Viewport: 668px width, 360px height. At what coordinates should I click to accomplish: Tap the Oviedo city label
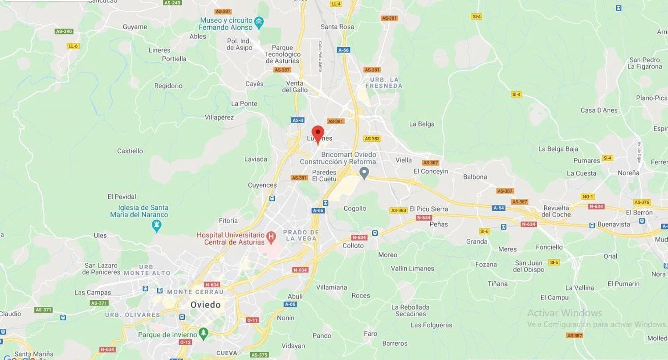205,305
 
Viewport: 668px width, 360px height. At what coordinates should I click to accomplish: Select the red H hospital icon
270,235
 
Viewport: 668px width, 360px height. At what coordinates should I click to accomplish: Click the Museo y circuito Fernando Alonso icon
259,21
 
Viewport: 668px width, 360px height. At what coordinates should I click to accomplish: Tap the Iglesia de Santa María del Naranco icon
156,225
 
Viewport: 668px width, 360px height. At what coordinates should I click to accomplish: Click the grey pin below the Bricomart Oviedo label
364,172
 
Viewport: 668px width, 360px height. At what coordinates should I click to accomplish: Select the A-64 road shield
498,208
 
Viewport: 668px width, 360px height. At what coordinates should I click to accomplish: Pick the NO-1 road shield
588,196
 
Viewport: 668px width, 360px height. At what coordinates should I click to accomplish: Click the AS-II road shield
298,120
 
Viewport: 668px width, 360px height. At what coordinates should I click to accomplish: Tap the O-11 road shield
252,320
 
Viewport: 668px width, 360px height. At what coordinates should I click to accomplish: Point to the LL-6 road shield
73,46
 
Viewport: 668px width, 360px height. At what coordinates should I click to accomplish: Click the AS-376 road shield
642,202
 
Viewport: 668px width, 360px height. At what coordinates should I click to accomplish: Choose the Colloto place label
353,245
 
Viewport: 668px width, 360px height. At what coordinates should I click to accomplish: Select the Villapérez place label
219,117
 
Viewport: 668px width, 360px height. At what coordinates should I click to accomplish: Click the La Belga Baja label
558,149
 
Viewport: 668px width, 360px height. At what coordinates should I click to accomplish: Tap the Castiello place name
130,151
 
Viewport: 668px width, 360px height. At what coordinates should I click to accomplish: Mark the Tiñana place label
497,283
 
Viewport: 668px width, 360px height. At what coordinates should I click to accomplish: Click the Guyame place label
134,27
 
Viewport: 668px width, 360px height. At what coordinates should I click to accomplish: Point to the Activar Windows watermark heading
564,313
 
